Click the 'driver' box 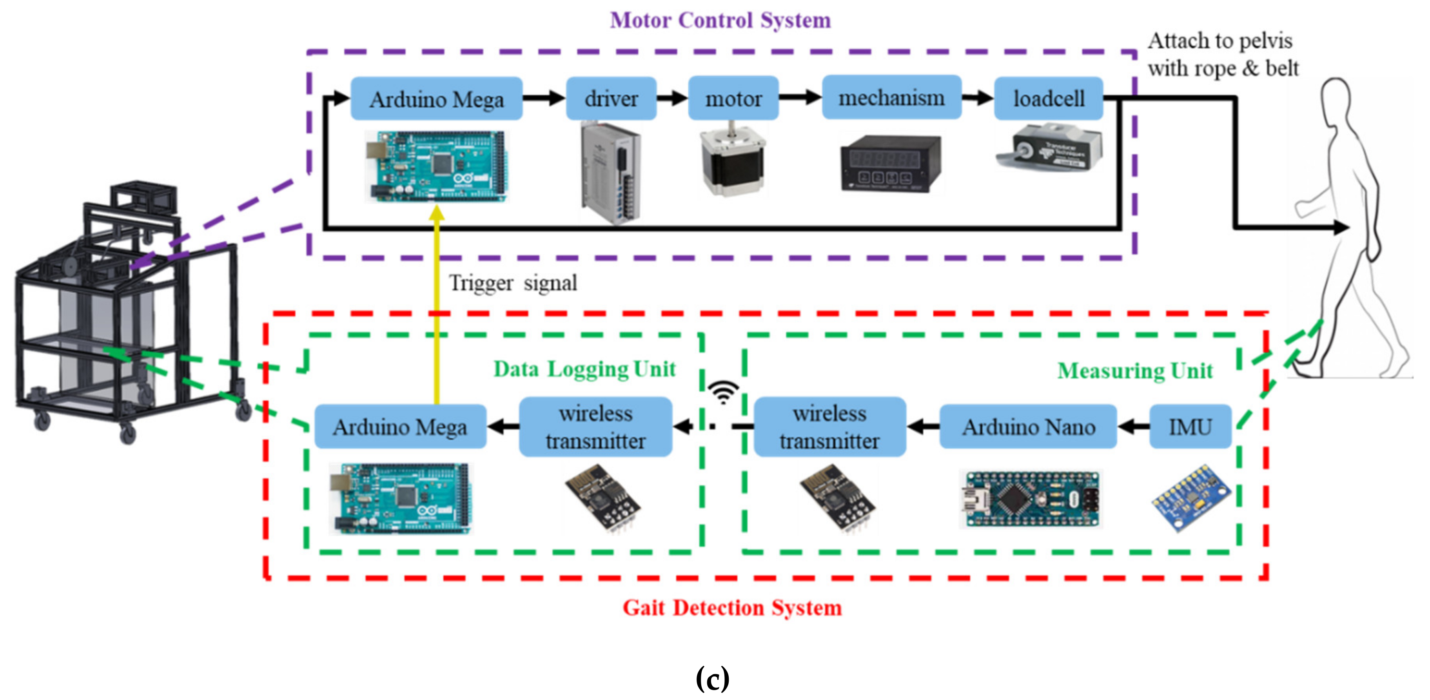[611, 99]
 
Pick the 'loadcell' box [1048, 99]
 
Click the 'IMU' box [1190, 427]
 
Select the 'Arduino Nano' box [1028, 427]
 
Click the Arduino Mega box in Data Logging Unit [400, 427]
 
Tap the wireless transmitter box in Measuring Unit [829, 427]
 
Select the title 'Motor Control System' [720, 20]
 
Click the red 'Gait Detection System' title [731, 607]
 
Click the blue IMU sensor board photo [1191, 497]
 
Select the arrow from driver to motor [672, 99]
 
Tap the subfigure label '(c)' [712, 678]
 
